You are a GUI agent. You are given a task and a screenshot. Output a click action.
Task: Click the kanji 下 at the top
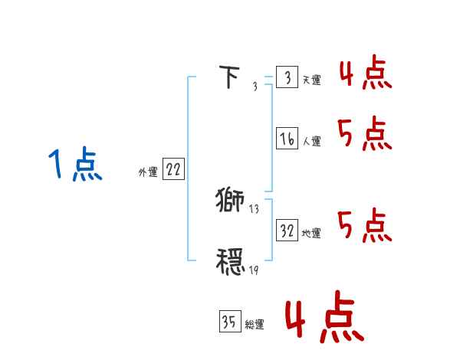[x=229, y=78]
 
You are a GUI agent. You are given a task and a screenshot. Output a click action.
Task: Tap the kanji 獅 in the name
[x=229, y=201]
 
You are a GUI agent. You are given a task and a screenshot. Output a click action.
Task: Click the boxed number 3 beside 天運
[x=287, y=78]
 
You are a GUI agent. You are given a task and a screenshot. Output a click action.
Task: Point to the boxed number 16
[x=287, y=139]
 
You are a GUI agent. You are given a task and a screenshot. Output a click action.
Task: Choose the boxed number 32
[x=287, y=231]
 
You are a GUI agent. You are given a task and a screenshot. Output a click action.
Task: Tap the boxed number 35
[x=229, y=322]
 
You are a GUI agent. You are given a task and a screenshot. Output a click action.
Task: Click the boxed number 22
[x=173, y=170]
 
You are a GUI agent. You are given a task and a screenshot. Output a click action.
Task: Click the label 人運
[x=311, y=141]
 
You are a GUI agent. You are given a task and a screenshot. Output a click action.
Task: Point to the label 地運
[x=311, y=233]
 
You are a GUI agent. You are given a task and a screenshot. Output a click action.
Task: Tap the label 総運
[x=254, y=325]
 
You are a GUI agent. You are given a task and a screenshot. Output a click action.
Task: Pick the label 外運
[x=148, y=172]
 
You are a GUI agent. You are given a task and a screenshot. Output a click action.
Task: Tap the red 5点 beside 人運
[x=365, y=135]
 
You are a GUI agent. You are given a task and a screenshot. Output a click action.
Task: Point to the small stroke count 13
[x=254, y=209]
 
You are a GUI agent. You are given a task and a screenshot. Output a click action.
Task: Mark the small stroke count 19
[x=254, y=270]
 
